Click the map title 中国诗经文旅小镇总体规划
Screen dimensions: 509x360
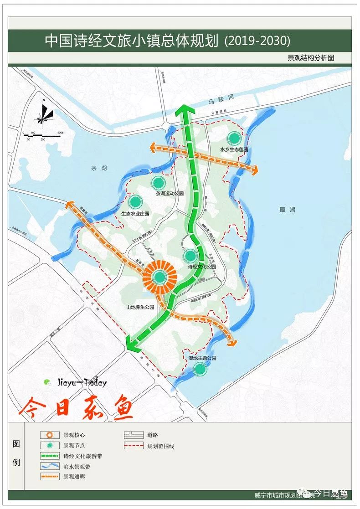coord(133,41)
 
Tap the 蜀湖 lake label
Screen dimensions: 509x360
coord(288,210)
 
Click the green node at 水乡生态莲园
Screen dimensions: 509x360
coord(234,138)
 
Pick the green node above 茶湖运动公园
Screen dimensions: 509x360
coord(158,183)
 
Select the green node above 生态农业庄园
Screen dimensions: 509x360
coord(135,201)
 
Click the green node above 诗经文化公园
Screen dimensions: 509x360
coord(190,256)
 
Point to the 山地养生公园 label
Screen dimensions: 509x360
coord(140,308)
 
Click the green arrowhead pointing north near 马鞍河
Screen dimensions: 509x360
coord(185,111)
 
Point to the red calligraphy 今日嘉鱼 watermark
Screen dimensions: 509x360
coord(76,407)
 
